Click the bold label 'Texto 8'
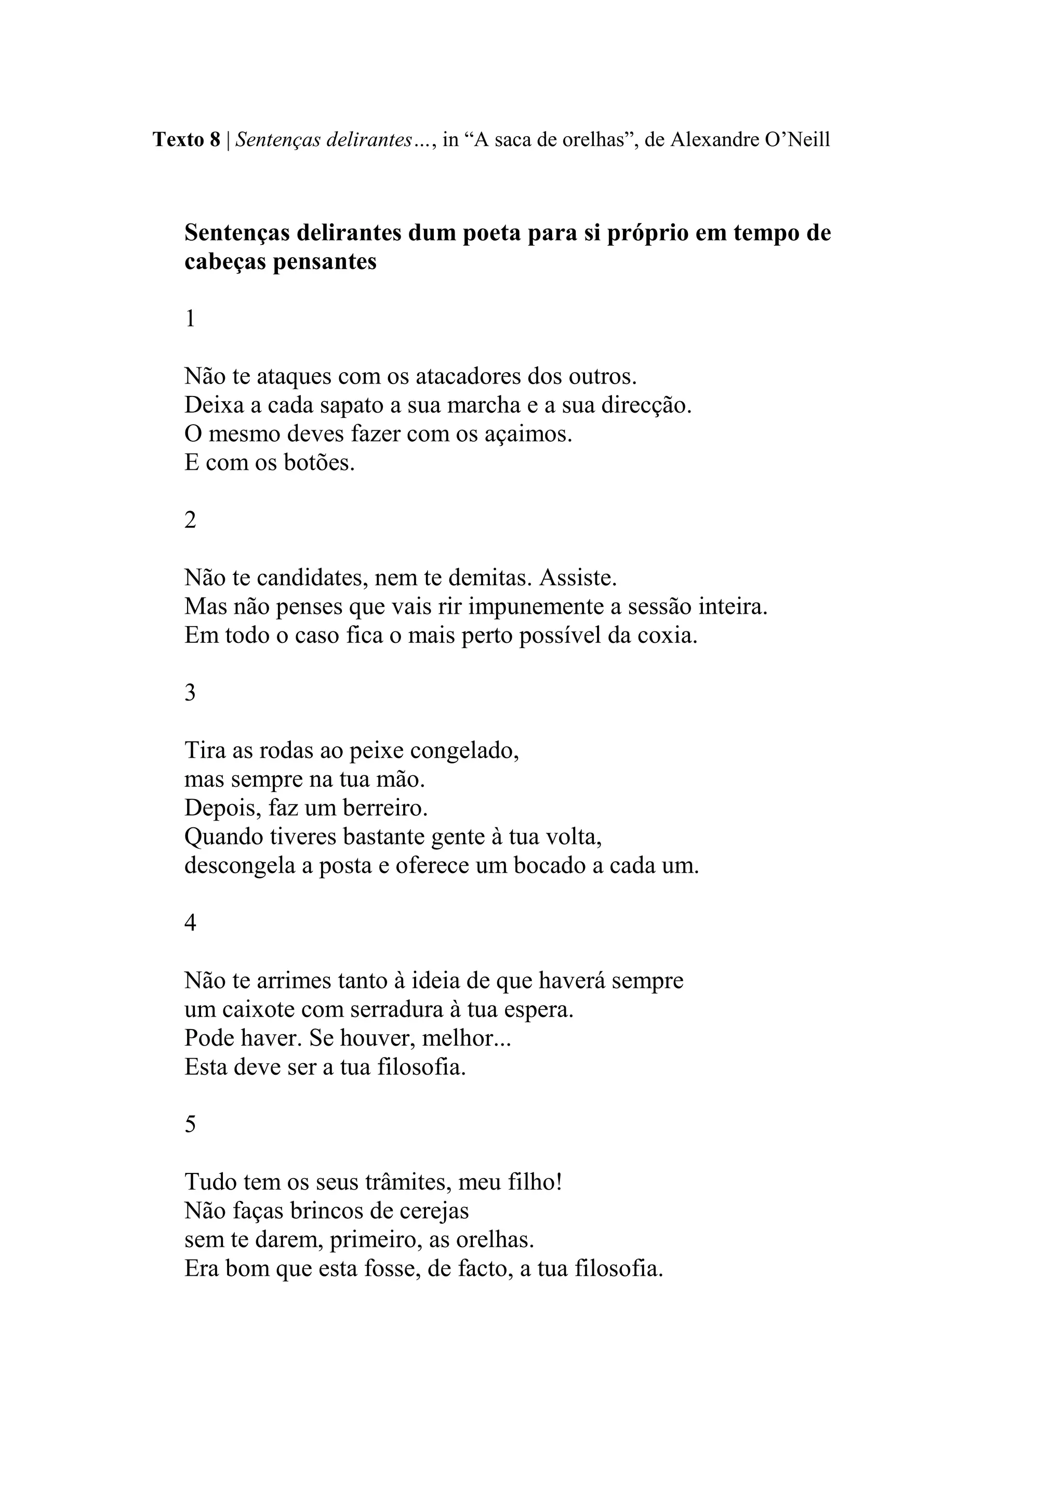point(186,140)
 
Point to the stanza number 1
point(190,319)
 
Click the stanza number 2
point(190,520)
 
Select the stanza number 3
point(190,693)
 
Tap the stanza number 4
point(190,923)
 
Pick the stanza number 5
point(190,1125)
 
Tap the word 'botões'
point(318,463)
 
